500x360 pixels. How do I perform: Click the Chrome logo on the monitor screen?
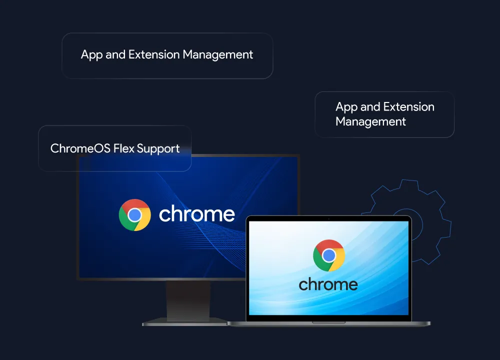(x=134, y=215)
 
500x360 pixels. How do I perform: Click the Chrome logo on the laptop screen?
(x=329, y=255)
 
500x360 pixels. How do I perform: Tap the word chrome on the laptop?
(x=328, y=284)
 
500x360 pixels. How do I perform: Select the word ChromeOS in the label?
(x=80, y=148)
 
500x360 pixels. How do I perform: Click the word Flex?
(x=124, y=148)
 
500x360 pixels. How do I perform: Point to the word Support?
(x=158, y=149)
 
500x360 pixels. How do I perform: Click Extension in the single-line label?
(x=154, y=54)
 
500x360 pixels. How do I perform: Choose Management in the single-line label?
(x=218, y=55)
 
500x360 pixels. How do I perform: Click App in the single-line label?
(x=91, y=55)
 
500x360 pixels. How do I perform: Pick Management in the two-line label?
(x=370, y=122)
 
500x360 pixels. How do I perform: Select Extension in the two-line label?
(x=409, y=107)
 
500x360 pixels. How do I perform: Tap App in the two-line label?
(x=346, y=107)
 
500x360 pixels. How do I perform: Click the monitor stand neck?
(x=188, y=299)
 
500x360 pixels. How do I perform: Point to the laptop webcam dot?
(x=329, y=218)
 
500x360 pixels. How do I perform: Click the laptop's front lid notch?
(x=329, y=322)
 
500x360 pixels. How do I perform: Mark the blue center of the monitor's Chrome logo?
(x=134, y=215)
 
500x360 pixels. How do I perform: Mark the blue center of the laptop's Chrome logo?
(x=329, y=255)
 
